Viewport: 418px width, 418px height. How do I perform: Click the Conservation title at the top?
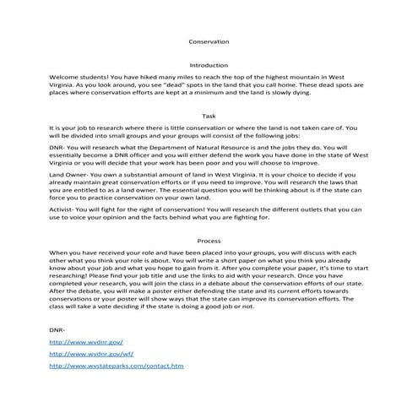[x=208, y=41]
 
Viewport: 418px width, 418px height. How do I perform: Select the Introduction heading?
[x=208, y=64]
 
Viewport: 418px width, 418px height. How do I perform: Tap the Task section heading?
[x=209, y=115]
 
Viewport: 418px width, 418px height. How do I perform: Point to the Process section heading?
[x=208, y=241]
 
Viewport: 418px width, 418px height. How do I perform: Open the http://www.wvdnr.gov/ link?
[x=87, y=343]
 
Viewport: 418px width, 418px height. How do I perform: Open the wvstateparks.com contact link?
[x=117, y=366]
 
